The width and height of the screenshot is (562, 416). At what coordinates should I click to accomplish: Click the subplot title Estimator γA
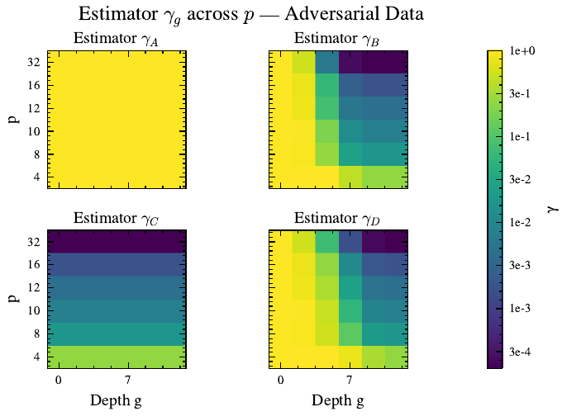point(116,39)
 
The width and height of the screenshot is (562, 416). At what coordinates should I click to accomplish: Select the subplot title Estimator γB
point(337,39)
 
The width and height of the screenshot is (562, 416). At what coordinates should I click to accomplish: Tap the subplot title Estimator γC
point(116,219)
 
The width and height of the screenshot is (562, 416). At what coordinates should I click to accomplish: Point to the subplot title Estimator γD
point(337,219)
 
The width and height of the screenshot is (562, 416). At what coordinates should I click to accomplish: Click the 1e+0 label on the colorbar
point(523,51)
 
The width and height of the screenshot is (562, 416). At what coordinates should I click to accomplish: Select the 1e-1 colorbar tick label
point(523,136)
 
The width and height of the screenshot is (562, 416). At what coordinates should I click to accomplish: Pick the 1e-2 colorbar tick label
point(523,222)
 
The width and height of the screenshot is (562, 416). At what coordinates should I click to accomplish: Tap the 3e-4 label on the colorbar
point(523,352)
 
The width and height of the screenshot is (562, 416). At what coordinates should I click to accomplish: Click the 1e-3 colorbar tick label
point(523,308)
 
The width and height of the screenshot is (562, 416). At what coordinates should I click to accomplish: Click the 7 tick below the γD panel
point(350,380)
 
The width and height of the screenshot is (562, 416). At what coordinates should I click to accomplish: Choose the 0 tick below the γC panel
point(59,380)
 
